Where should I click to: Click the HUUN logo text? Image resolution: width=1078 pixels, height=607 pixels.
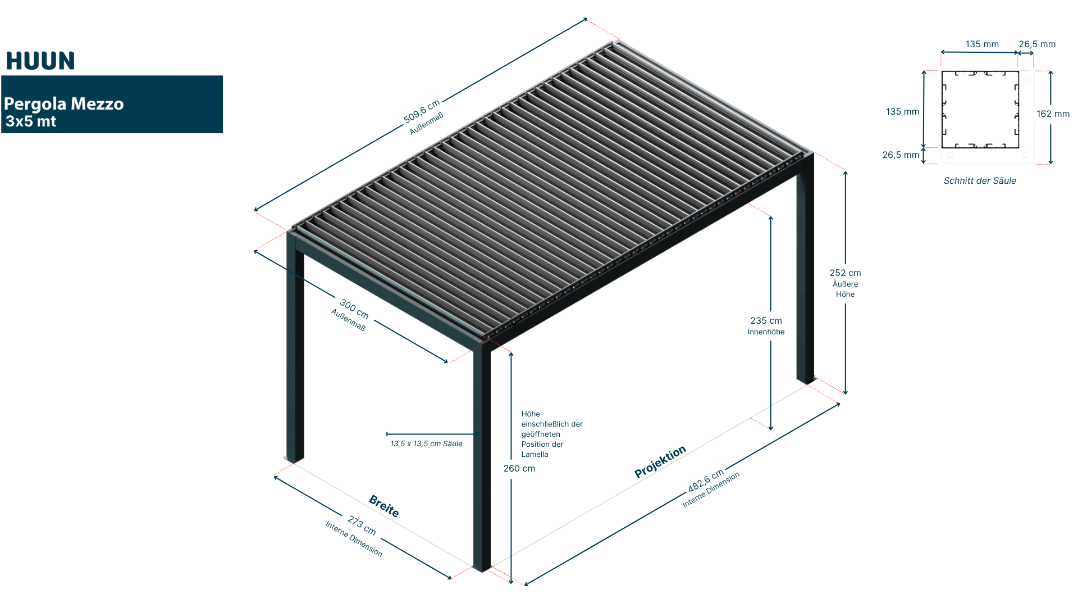coord(40,61)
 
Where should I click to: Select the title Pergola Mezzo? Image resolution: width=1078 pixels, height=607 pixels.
coord(63,104)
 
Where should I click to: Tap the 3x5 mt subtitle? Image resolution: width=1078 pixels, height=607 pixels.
coord(31,121)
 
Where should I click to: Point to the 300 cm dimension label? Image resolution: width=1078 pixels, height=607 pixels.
coord(354,309)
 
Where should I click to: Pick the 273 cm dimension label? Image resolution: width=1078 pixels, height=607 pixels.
coord(362,526)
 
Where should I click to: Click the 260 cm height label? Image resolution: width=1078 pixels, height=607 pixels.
coord(519,469)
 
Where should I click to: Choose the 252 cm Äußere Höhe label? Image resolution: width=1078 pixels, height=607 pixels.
coord(845,283)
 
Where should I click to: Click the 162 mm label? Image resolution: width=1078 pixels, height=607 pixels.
coord(1053,114)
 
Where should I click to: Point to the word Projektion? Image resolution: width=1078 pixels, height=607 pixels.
coord(660,461)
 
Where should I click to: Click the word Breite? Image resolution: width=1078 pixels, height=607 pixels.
coord(384,506)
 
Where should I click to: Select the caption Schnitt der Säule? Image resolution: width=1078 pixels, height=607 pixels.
coord(980,181)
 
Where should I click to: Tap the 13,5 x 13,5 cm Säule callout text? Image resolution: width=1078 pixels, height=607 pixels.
coord(426,444)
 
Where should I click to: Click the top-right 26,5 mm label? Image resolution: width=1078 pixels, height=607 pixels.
coord(1037,44)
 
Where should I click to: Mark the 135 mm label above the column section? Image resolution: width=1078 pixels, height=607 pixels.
coord(982,44)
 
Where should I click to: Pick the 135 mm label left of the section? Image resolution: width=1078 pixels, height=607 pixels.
coord(902,112)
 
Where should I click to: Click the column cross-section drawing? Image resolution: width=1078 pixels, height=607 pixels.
coord(987,117)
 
